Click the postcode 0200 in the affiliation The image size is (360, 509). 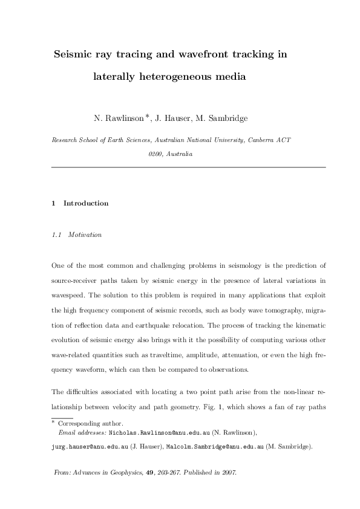pos(154,154)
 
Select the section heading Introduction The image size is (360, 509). pos(86,203)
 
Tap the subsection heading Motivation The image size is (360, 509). pos(85,234)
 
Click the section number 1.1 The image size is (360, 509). pos(57,234)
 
